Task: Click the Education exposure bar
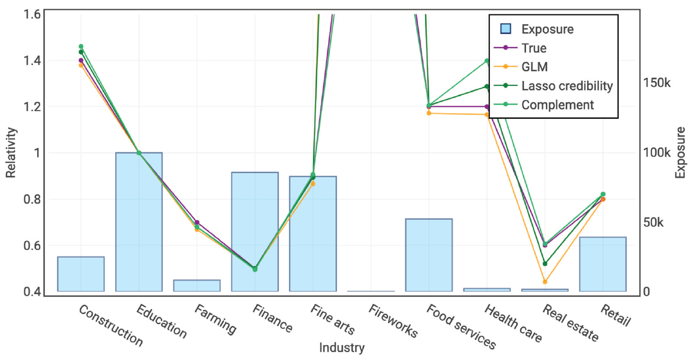[139, 222]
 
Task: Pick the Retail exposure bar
[603, 264]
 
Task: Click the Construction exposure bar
[81, 274]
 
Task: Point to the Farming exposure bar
[197, 286]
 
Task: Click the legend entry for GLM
[534, 67]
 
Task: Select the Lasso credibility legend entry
[566, 86]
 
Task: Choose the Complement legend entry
[557, 105]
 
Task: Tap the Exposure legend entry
[547, 29]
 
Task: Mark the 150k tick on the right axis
[656, 83]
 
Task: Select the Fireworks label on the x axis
[393, 321]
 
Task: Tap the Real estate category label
[570, 323]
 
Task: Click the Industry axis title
[341, 348]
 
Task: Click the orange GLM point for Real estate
[545, 281]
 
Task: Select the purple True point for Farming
[197, 223]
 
